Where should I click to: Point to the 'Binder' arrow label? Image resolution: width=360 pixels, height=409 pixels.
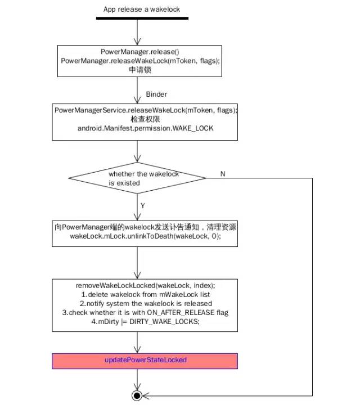(156, 94)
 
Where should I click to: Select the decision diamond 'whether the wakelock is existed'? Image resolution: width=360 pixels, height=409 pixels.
(137, 178)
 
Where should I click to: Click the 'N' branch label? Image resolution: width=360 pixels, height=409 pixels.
(223, 174)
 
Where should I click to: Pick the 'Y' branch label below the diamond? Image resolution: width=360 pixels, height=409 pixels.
(143, 206)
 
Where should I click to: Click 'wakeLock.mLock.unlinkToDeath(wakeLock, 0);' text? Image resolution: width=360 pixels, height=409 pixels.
(145, 237)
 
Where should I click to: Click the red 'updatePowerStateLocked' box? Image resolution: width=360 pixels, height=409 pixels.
(145, 360)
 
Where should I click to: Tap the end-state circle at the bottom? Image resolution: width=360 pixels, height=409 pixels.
(136, 396)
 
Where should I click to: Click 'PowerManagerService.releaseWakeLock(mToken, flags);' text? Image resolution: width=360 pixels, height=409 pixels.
(146, 110)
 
